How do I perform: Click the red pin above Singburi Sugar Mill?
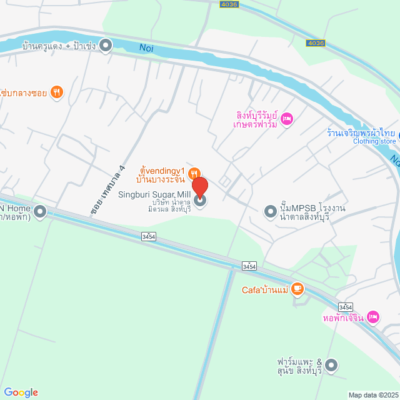(200, 187)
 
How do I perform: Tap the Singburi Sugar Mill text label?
(154, 195)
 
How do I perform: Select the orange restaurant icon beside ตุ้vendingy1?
(194, 173)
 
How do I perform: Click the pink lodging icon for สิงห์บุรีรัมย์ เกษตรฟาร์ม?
(287, 118)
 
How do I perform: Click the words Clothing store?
(374, 141)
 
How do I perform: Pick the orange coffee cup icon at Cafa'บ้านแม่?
(297, 289)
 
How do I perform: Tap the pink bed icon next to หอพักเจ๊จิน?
(373, 317)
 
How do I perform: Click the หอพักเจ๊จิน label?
(343, 318)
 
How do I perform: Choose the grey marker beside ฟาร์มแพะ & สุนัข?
(331, 364)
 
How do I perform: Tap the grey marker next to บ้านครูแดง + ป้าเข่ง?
(106, 45)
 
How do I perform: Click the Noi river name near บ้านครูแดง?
(146, 47)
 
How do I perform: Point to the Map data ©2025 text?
(372, 395)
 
